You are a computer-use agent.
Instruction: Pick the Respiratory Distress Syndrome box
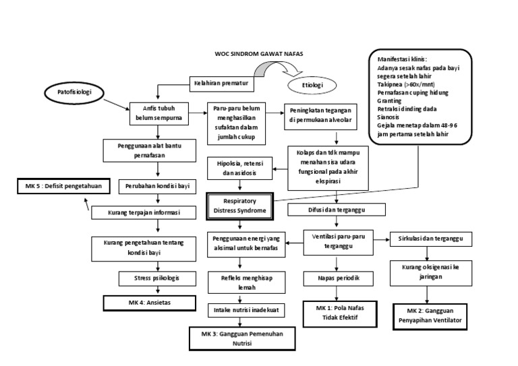pos(240,206)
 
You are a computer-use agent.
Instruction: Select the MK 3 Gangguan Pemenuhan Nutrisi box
pos(239,338)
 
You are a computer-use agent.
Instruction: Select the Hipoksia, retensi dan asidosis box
pos(239,166)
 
